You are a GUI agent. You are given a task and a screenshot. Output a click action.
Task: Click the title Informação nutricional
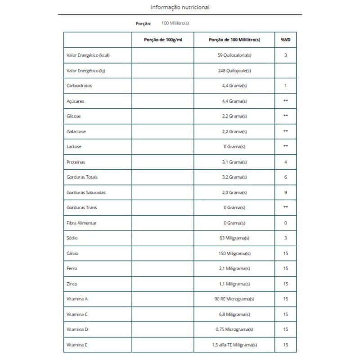click(180, 7)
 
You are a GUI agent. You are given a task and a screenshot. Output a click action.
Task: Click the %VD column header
click(285, 40)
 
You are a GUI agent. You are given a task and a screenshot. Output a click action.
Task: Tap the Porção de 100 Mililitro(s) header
click(234, 40)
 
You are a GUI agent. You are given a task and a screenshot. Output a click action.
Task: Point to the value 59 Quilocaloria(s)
click(234, 55)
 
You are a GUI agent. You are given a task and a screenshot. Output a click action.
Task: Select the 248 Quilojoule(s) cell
click(234, 71)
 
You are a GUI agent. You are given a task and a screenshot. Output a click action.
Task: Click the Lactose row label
click(74, 147)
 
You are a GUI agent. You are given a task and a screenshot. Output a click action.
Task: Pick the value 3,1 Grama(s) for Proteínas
click(234, 162)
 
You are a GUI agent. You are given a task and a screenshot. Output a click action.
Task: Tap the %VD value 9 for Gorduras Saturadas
click(285, 193)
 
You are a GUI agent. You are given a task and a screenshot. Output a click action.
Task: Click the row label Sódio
click(72, 238)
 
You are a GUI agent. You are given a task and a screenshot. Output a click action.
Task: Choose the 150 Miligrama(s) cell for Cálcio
click(234, 253)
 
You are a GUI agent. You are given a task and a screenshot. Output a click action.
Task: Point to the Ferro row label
click(72, 269)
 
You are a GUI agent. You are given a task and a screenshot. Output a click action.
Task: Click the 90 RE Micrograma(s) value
click(234, 299)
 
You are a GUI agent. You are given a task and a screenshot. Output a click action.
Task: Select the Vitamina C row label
click(77, 315)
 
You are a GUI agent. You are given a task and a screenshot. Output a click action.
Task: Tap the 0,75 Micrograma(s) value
click(234, 329)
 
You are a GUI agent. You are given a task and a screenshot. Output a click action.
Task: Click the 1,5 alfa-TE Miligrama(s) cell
click(234, 345)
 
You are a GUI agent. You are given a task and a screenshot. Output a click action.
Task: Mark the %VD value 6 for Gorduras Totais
click(285, 177)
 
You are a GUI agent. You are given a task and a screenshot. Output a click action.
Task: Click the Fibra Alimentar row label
click(81, 223)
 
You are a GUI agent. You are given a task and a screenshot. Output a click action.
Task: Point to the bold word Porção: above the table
click(143, 24)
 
